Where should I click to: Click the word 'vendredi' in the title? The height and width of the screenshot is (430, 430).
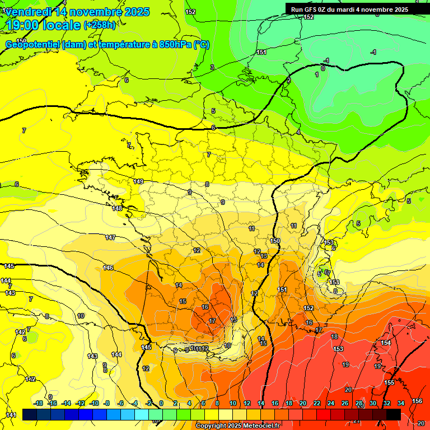click(x=29, y=12)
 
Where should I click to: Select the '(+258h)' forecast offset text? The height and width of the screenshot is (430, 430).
click(x=100, y=25)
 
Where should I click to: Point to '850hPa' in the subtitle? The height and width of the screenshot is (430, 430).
click(x=175, y=45)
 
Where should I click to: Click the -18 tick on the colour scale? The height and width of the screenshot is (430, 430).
click(x=38, y=403)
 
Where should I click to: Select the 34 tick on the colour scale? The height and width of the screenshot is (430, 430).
click(x=400, y=403)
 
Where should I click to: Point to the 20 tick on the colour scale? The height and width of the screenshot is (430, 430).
click(x=303, y=403)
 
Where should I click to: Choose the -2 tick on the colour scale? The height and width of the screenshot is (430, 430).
click(x=149, y=403)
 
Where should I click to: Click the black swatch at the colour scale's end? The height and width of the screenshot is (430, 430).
click(x=394, y=414)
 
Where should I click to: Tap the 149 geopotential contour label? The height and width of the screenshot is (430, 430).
click(x=139, y=181)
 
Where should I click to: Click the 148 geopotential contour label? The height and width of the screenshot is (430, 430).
click(x=117, y=208)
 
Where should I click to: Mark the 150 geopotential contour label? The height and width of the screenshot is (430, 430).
click(x=275, y=241)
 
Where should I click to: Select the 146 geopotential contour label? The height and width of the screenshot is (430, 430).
click(x=108, y=268)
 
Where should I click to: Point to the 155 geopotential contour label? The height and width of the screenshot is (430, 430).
click(x=389, y=382)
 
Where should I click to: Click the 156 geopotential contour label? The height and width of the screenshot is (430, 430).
click(x=417, y=401)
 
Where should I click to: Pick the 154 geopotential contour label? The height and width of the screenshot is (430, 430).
click(x=385, y=343)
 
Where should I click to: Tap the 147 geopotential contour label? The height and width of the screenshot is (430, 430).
click(x=110, y=238)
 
